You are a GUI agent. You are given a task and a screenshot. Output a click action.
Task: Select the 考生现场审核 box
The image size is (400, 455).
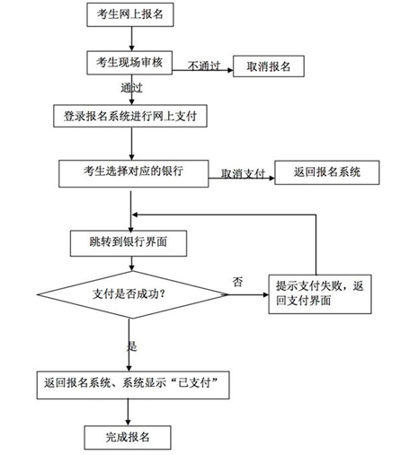[131, 61]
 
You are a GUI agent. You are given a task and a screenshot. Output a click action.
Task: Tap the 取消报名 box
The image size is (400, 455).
[269, 66]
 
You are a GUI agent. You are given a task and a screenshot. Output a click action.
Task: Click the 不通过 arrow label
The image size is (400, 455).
[203, 66]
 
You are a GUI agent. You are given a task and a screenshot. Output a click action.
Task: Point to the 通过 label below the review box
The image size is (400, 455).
[131, 88]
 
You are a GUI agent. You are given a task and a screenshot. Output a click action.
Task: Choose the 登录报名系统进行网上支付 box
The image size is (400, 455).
[131, 115]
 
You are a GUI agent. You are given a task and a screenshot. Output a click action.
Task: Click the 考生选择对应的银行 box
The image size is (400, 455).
[133, 171]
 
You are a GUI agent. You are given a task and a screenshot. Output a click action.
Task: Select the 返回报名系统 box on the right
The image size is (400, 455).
[326, 171]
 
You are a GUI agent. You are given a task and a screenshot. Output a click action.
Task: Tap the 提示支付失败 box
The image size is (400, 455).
[320, 292]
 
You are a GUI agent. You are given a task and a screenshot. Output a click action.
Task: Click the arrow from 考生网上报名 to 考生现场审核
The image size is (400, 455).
[131, 39]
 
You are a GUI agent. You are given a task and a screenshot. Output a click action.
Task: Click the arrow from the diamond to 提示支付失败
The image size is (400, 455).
[246, 293]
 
